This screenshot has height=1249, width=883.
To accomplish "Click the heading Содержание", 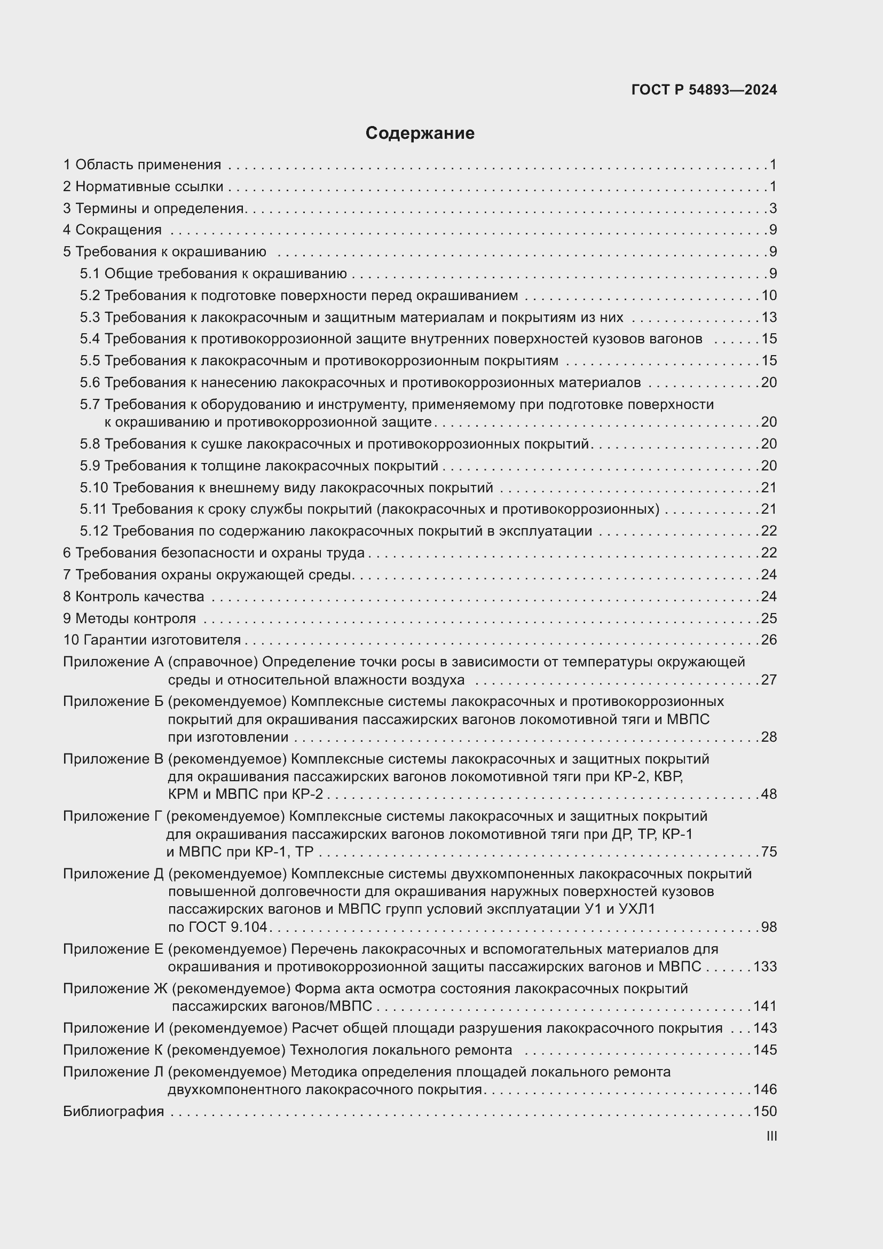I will [x=420, y=133].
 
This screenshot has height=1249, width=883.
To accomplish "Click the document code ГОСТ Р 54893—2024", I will [x=704, y=90].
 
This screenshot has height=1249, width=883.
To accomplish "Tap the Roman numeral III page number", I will [x=771, y=1136].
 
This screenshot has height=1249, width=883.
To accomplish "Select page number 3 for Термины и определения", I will [x=772, y=208].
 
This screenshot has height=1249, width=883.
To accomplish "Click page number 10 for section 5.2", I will [x=769, y=295].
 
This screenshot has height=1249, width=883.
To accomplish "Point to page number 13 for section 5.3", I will [x=769, y=317].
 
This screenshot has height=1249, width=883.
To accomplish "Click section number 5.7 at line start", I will [x=90, y=404].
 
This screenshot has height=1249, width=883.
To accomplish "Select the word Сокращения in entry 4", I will [x=118, y=230].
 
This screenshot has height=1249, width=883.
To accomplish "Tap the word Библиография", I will [x=113, y=1111].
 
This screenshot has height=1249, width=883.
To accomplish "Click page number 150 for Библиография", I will [x=765, y=1111].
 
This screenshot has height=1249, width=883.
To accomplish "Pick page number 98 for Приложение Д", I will [x=769, y=927].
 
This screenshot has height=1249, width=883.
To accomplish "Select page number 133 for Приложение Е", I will [x=765, y=967].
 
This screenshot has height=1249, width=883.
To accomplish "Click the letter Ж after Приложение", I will [x=160, y=988].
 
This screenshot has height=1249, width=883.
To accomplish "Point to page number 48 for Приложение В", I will [x=769, y=794].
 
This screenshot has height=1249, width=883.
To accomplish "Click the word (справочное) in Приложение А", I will [x=212, y=662].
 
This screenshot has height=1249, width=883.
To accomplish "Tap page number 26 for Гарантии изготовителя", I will [x=769, y=640].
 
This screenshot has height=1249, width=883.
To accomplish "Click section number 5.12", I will [x=94, y=531].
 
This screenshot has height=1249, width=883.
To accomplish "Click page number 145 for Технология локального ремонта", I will [x=765, y=1050].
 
